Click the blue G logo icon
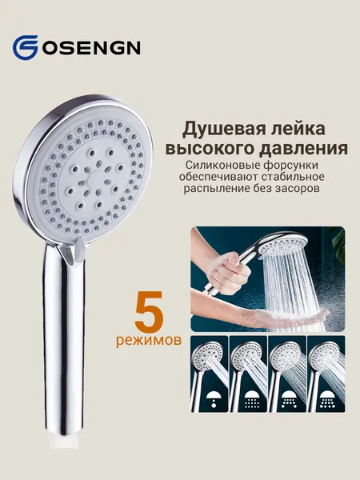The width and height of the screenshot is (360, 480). [x=25, y=47]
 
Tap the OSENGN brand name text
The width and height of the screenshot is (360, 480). [x=91, y=47]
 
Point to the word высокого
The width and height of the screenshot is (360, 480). [x=210, y=149]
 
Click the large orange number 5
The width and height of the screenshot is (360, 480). [x=149, y=310]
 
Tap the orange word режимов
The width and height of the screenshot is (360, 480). [x=149, y=341]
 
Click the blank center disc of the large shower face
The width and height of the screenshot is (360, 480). [x=95, y=178]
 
